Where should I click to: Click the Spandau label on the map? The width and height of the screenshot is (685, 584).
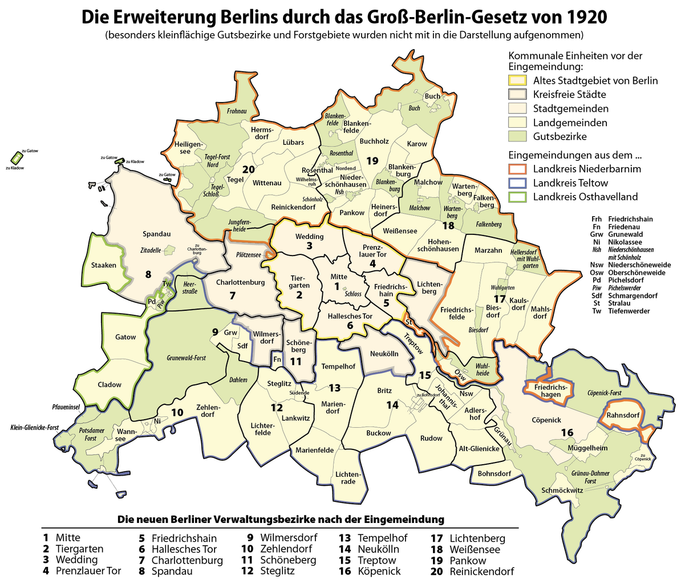pos(157,234)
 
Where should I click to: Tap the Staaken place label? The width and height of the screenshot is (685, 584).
pos(103,265)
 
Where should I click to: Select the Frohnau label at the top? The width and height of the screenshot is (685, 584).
pos(237,111)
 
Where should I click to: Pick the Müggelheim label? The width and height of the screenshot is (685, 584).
pos(587,448)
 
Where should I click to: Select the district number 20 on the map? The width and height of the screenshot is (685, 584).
pos(248,169)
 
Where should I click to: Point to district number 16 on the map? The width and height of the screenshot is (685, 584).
pos(566,433)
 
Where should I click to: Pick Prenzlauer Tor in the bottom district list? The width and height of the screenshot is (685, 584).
pos(88,571)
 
